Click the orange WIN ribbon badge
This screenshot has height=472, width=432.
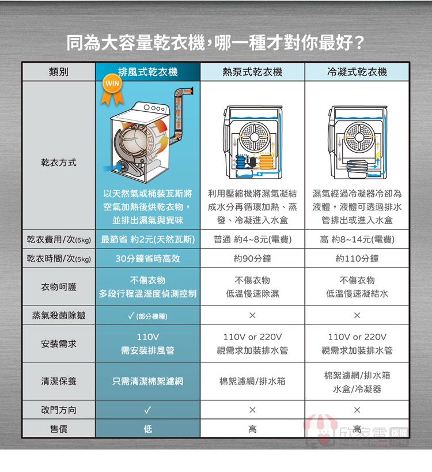(112, 90)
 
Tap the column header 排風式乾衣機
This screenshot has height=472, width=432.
(147, 72)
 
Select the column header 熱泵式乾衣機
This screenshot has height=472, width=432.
(252, 72)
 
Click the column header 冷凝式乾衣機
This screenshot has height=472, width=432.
(357, 72)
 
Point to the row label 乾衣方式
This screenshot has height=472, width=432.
(59, 163)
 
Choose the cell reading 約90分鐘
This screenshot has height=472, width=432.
(252, 259)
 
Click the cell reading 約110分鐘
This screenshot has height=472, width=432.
(357, 259)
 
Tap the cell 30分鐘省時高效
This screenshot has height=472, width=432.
(147, 259)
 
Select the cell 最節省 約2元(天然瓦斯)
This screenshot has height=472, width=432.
(147, 240)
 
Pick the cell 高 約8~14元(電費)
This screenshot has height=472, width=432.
(357, 240)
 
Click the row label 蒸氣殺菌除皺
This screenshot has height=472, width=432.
(59, 315)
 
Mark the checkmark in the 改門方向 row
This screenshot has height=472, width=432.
(147, 410)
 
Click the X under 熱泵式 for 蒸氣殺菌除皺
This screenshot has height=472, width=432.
(252, 315)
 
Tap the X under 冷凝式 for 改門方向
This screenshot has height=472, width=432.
(357, 410)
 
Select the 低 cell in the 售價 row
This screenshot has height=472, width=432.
(147, 429)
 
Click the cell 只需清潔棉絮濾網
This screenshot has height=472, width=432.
(147, 382)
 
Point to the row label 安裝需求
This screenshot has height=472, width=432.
(59, 343)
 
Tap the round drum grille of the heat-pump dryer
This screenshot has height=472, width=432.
(255, 137)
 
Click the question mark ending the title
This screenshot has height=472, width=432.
(358, 43)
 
